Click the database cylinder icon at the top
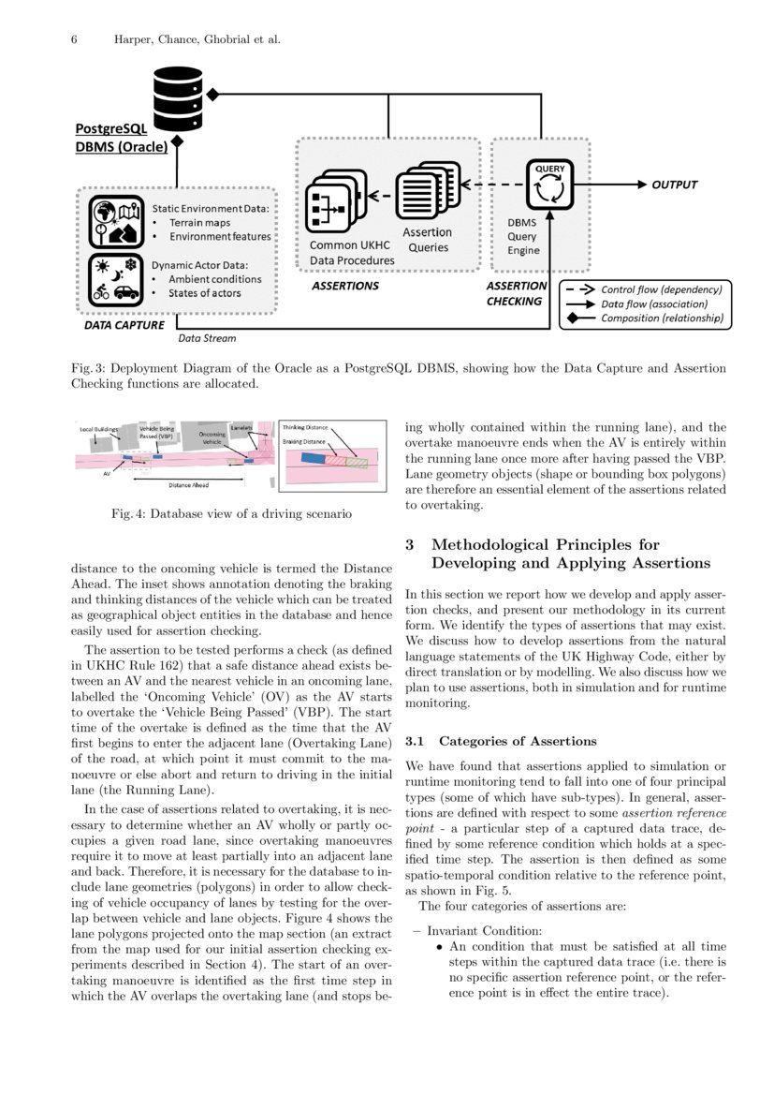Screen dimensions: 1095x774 (177, 96)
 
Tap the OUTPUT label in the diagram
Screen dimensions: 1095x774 (674, 185)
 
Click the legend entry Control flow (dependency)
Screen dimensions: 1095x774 (661, 289)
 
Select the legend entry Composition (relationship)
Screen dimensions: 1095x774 (661, 318)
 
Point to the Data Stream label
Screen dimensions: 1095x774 (207, 338)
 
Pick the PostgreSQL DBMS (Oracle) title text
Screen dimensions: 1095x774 (122, 139)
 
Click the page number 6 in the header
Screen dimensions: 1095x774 (74, 39)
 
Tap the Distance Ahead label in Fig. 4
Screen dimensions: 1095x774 (188, 485)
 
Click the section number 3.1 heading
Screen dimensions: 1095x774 (417, 741)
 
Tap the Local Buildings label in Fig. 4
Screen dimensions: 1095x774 (98, 429)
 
